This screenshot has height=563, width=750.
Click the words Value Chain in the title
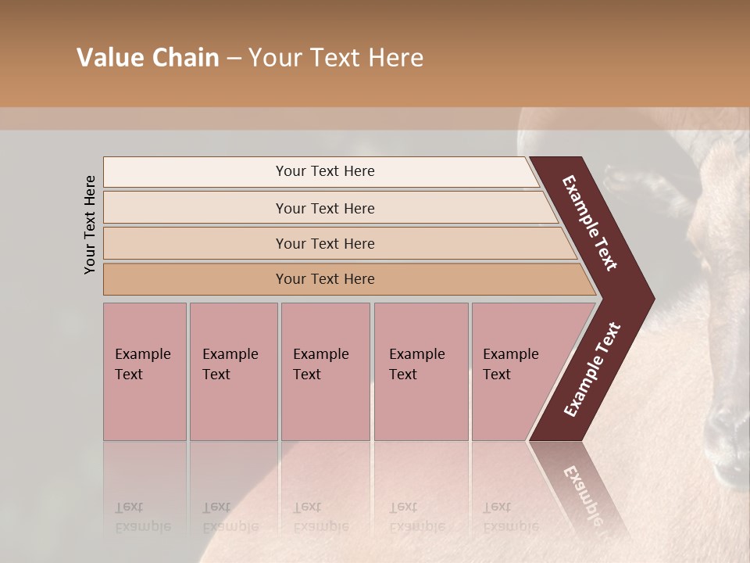[148, 58]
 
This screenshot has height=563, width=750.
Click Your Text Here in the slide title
[336, 58]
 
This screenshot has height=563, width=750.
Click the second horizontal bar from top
[324, 208]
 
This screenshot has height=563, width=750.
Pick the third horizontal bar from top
[324, 243]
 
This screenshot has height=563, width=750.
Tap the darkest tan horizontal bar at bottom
[324, 279]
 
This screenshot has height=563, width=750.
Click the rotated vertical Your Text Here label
[90, 224]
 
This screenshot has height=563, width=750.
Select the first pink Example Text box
[145, 371]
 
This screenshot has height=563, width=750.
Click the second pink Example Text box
[233, 371]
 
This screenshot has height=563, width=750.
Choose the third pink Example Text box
[325, 371]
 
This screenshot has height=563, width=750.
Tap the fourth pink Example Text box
[420, 371]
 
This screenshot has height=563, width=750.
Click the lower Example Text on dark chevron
[592, 369]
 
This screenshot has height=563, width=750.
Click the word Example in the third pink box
[320, 354]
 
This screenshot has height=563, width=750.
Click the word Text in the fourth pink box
[403, 375]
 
